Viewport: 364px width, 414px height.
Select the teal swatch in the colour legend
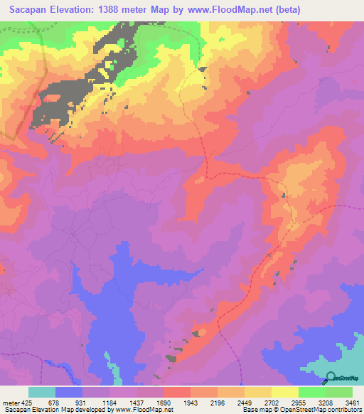click(x=42, y=392)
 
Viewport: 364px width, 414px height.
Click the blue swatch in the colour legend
click(x=69, y=392)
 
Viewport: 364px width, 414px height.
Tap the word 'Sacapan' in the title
click(x=25, y=10)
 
